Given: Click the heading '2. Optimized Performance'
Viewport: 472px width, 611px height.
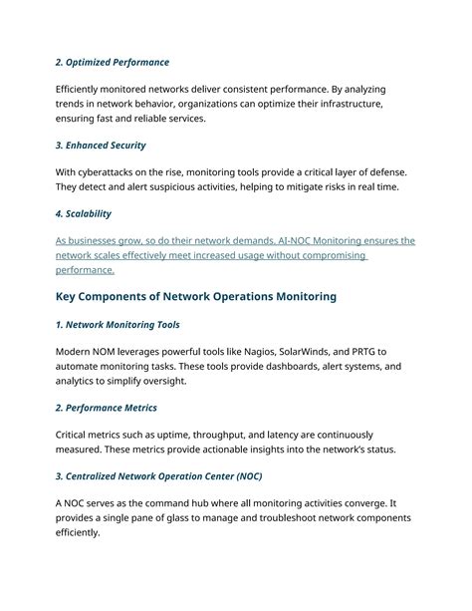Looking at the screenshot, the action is [113, 63].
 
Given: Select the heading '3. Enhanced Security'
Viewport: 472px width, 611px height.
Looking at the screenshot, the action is [101, 146].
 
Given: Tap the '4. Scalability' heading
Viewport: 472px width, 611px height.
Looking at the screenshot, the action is [84, 213].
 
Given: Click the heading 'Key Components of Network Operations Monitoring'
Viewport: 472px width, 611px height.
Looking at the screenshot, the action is [196, 296].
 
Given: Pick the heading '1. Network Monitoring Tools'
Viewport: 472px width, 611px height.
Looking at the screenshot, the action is [118, 325].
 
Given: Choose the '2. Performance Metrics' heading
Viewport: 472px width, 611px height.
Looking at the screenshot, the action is [106, 408].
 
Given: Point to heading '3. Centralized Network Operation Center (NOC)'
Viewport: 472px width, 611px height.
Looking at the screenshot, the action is [158, 476].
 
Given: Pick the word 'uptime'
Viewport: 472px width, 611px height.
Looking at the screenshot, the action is [171, 435].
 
